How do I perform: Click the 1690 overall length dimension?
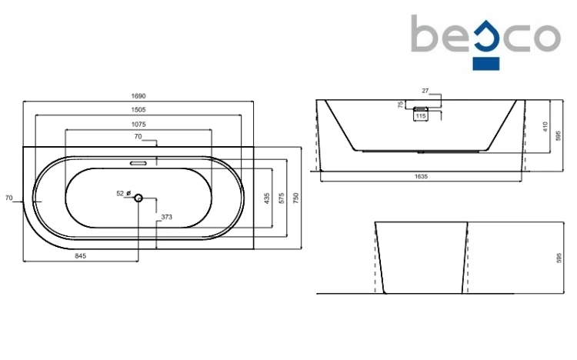coord(138,96)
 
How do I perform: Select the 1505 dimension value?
coord(138,110)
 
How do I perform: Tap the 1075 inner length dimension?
coord(138,125)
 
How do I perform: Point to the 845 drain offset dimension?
coord(81,256)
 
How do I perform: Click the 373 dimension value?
coord(167,217)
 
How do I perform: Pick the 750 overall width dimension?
coord(296,198)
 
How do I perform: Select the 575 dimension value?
coord(282,198)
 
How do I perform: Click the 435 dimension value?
coord(267,198)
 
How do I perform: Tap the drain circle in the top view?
coord(138,198)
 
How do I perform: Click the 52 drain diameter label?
coord(120,194)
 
